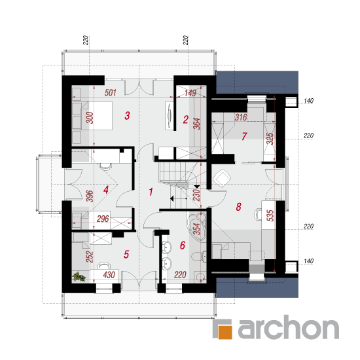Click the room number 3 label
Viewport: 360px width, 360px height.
tap(127, 115)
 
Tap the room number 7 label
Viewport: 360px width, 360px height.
tap(244, 136)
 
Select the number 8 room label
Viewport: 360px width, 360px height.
tap(238, 207)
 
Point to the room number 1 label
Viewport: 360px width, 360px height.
tap(151, 192)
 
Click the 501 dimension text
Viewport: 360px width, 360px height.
tap(111, 93)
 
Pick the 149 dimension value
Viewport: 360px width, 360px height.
tap(190, 93)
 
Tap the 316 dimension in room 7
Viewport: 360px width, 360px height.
tap(241, 117)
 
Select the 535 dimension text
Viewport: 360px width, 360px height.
tap(270, 215)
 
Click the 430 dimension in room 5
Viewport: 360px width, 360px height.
tap(109, 275)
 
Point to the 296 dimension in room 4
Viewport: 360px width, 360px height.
tap(103, 219)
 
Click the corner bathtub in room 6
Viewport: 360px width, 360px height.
tap(197, 226)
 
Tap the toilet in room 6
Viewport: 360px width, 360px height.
tap(198, 257)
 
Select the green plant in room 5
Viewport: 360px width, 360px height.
tap(79, 276)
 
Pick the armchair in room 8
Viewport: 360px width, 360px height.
tap(222, 178)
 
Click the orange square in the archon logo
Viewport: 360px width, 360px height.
tap(225, 332)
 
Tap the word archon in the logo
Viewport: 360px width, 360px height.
tap(289, 327)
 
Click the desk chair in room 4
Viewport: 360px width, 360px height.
tap(105, 166)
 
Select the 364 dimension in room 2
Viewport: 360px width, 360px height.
tap(197, 124)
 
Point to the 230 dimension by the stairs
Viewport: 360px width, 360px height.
tap(197, 195)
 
